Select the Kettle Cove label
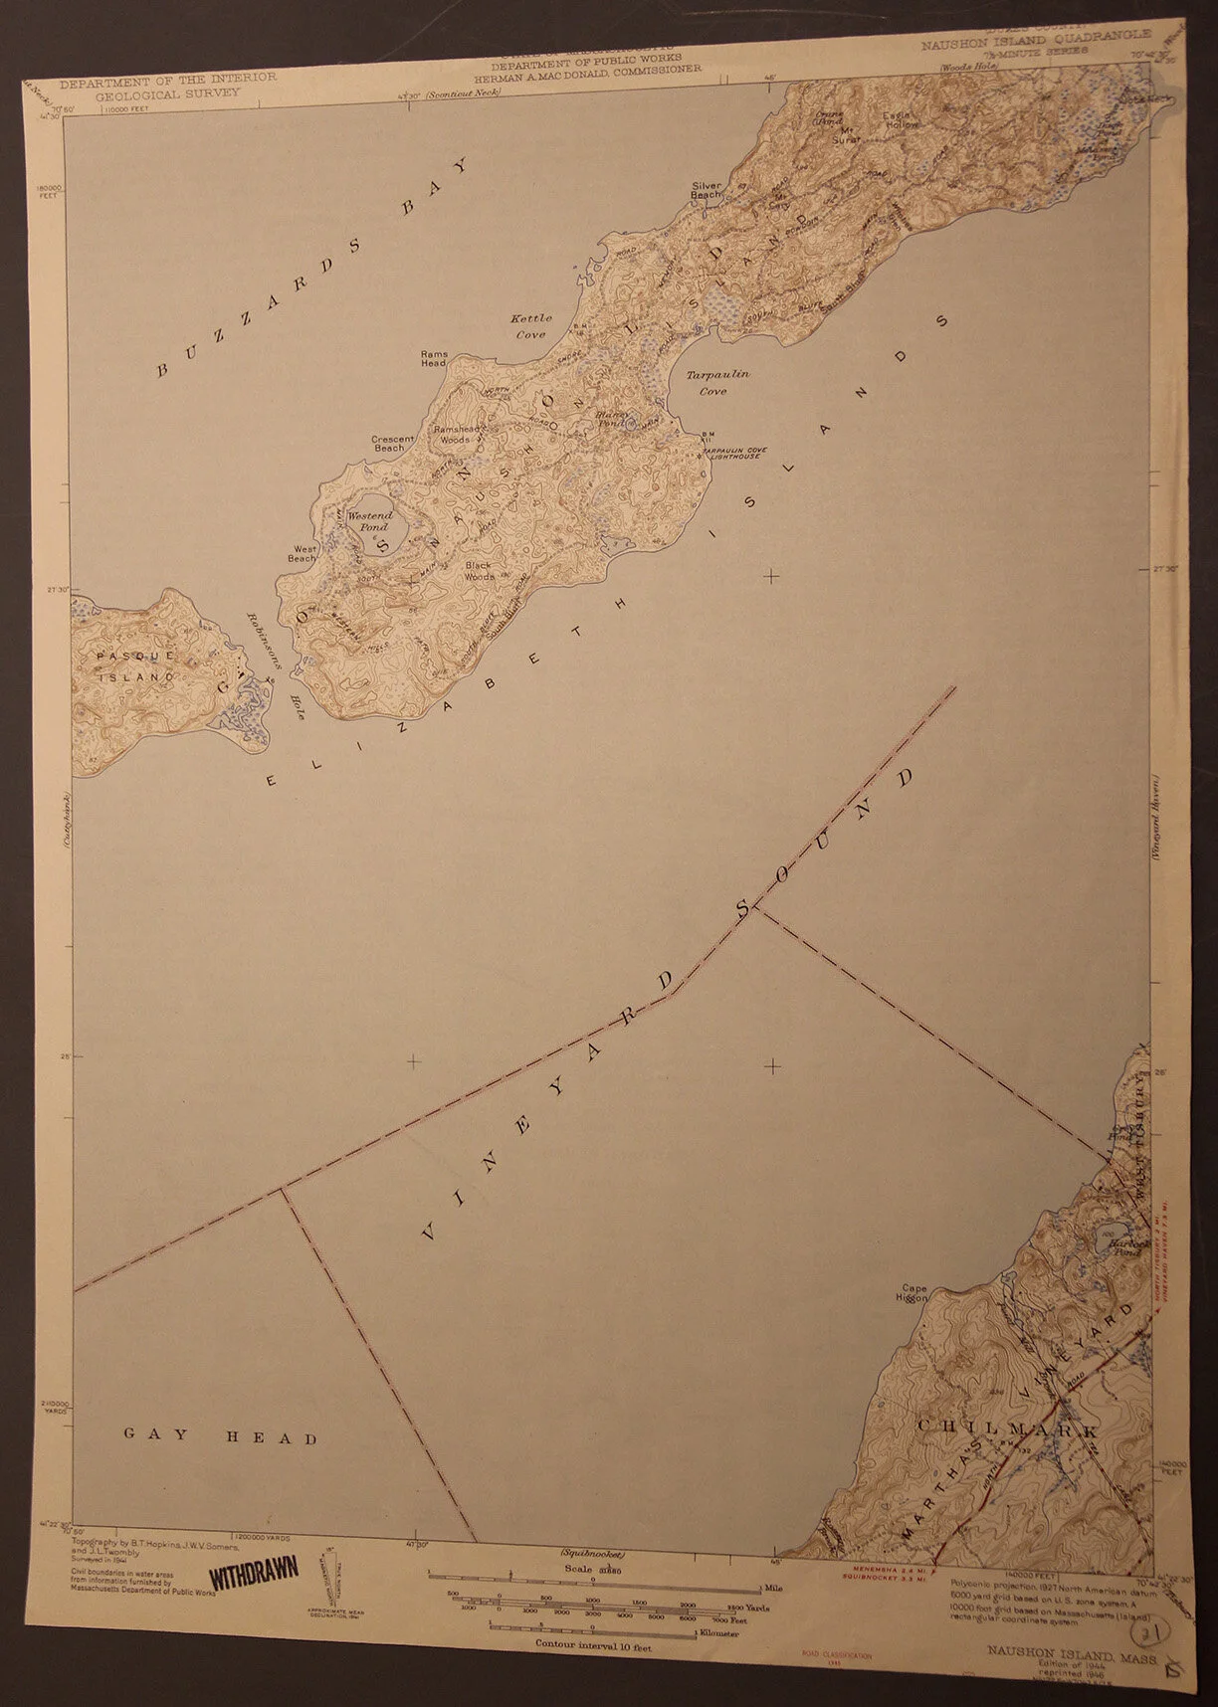click(530, 326)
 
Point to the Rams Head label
click(434, 359)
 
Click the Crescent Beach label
click(388, 443)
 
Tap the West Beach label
click(303, 553)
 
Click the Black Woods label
click(479, 570)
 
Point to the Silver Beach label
click(706, 190)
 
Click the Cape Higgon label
click(912, 1293)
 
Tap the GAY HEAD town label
click(220, 1437)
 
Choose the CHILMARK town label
click(1007, 1428)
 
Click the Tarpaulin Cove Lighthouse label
click(732, 453)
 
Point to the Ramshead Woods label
click(451, 434)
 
